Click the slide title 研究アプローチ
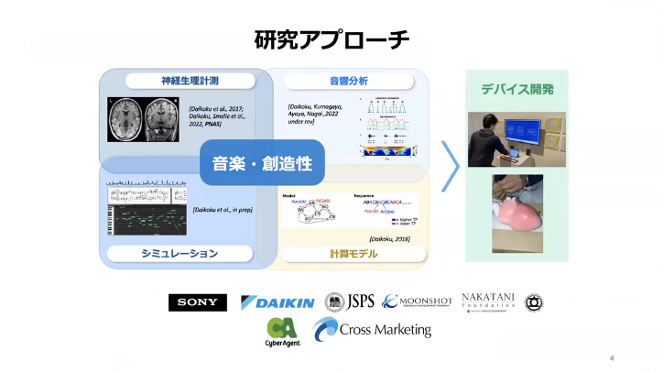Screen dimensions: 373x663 click(331, 40)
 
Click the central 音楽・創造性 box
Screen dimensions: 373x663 click(262, 163)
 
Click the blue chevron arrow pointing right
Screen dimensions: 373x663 click(451, 165)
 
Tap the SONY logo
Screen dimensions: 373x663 click(197, 302)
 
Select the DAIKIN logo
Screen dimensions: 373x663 click(277, 302)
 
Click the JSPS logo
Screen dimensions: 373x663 click(350, 302)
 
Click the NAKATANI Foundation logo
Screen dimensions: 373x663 click(488, 302)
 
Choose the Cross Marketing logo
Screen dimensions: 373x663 click(372, 330)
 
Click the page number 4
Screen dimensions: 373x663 click(612, 357)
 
